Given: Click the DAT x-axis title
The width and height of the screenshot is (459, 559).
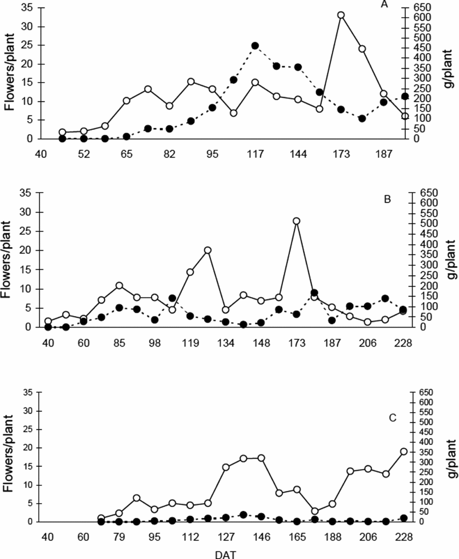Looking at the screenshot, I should tap(226, 553).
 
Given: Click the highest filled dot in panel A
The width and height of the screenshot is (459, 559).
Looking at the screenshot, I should tap(255, 45).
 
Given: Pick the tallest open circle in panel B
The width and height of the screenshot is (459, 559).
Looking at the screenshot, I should tap(297, 221).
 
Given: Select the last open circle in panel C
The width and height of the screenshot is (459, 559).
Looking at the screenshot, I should tap(404, 451).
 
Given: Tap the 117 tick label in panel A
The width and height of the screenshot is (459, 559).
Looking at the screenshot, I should tap(255, 155).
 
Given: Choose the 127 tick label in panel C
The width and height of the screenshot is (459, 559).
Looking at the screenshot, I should tap(226, 537).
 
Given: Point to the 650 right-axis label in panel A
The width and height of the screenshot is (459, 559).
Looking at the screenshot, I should tap(421, 7).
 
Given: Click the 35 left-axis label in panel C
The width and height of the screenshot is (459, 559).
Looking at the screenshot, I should tap(30, 393).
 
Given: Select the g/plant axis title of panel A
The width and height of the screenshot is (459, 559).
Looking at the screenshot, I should tap(451, 73).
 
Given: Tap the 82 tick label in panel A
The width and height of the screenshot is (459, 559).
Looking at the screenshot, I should tap(170, 155).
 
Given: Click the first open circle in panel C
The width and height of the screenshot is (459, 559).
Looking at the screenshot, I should tap(101, 518).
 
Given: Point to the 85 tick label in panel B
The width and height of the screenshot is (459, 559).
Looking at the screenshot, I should tap(119, 343).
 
